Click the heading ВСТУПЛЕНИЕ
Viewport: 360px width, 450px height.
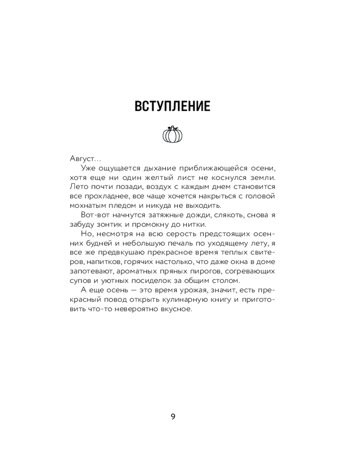point(173,107)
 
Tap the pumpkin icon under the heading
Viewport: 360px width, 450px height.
point(172,134)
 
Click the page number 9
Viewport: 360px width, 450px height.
point(173,416)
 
